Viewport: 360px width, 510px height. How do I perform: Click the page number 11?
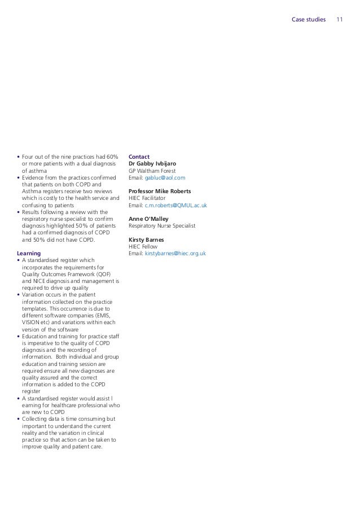pyautogui.click(x=340, y=19)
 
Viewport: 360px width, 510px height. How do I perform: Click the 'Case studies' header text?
pyautogui.click(x=308, y=19)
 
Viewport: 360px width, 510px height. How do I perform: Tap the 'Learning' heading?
pyautogui.click(x=29, y=254)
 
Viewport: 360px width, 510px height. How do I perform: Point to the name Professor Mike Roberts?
pyautogui.click(x=160, y=191)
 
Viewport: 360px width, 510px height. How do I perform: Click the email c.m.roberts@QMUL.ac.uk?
pyautogui.click(x=176, y=206)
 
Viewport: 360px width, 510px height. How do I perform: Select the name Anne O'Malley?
pyautogui.click(x=148, y=219)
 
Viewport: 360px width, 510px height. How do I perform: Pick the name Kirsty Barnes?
pyautogui.click(x=147, y=239)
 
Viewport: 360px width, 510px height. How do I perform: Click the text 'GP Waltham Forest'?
pyautogui.click(x=152, y=171)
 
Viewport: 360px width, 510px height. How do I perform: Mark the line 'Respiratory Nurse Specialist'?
pyautogui.click(x=162, y=225)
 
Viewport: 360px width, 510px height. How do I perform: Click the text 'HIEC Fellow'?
pyautogui.click(x=143, y=247)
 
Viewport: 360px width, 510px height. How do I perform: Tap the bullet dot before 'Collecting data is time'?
pyautogui.click(x=19, y=419)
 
